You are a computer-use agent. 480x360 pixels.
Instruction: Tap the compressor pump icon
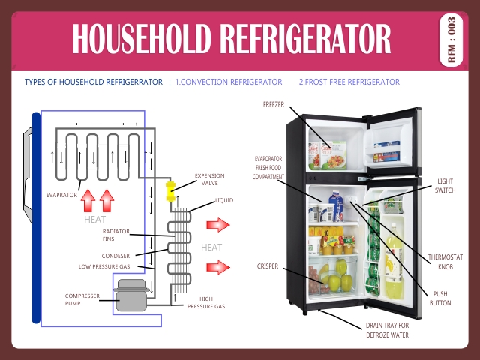click(130, 294)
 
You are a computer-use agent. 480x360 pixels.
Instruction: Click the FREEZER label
click(273, 104)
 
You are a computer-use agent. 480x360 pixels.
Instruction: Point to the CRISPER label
click(268, 265)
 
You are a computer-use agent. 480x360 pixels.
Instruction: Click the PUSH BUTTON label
click(442, 298)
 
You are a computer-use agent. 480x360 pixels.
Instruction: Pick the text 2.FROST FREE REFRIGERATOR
click(349, 82)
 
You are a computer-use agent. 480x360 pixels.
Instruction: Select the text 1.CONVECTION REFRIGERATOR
click(229, 82)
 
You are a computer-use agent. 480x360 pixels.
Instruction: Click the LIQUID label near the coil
click(224, 201)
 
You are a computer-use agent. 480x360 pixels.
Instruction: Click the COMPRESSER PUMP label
click(82, 299)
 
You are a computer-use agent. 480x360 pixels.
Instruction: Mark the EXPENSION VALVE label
click(209, 179)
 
